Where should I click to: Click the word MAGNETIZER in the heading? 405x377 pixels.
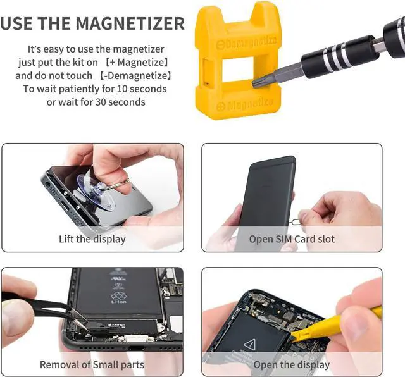pos(130,24)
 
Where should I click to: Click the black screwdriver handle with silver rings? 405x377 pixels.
pos(335,57)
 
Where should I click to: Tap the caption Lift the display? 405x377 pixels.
pos(92,239)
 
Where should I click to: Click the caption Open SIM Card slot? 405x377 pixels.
pos(292,239)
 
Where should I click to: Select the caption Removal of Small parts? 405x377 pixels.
pos(92,364)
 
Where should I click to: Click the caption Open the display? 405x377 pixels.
pos(292,364)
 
